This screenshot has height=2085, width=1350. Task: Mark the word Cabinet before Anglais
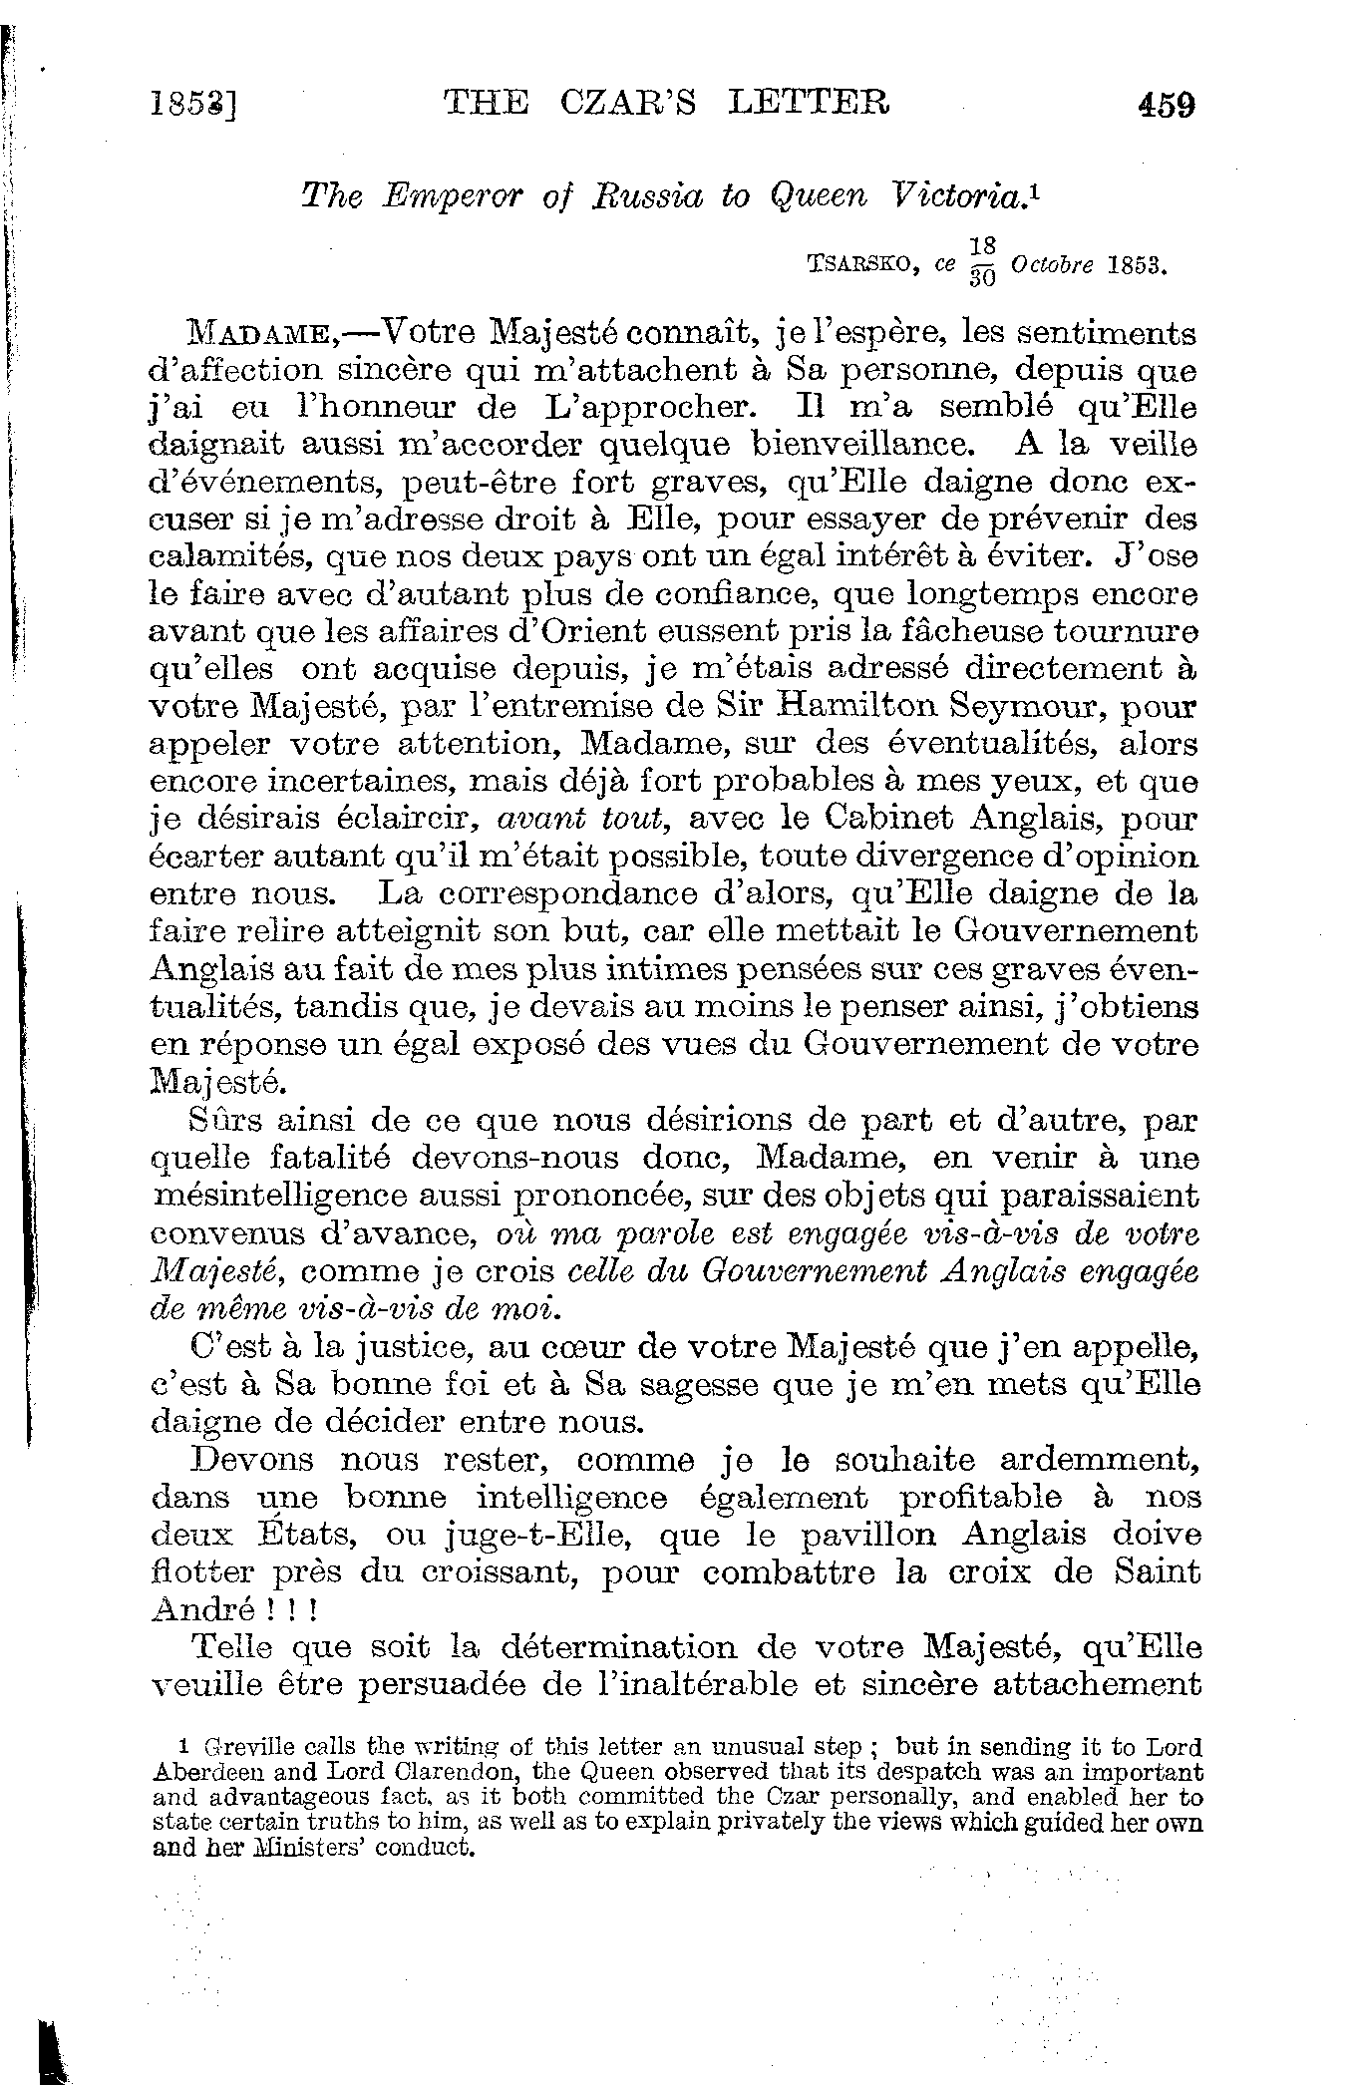(896, 819)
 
